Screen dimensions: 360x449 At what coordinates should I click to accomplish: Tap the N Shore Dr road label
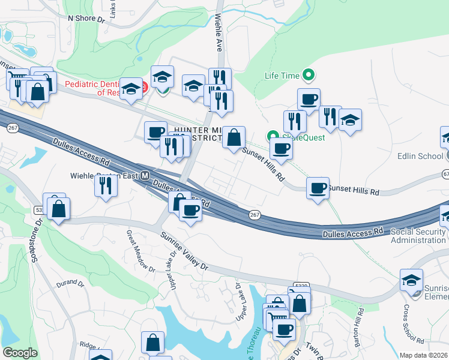(x=86, y=19)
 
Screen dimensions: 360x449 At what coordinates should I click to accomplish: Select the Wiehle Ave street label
(x=217, y=34)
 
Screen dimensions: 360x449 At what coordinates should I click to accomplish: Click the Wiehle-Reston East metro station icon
(x=145, y=176)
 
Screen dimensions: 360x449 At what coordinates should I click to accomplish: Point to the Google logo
(x=20, y=352)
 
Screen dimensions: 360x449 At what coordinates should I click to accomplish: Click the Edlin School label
(x=420, y=156)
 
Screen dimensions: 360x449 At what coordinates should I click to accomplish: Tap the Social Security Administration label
(x=418, y=236)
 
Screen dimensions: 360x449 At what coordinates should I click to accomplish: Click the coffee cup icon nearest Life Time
(x=309, y=98)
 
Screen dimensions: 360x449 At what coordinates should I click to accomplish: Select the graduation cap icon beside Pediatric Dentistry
(x=131, y=89)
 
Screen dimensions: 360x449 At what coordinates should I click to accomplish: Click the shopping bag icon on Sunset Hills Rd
(x=233, y=138)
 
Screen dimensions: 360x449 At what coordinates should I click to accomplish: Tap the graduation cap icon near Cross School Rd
(x=412, y=280)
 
